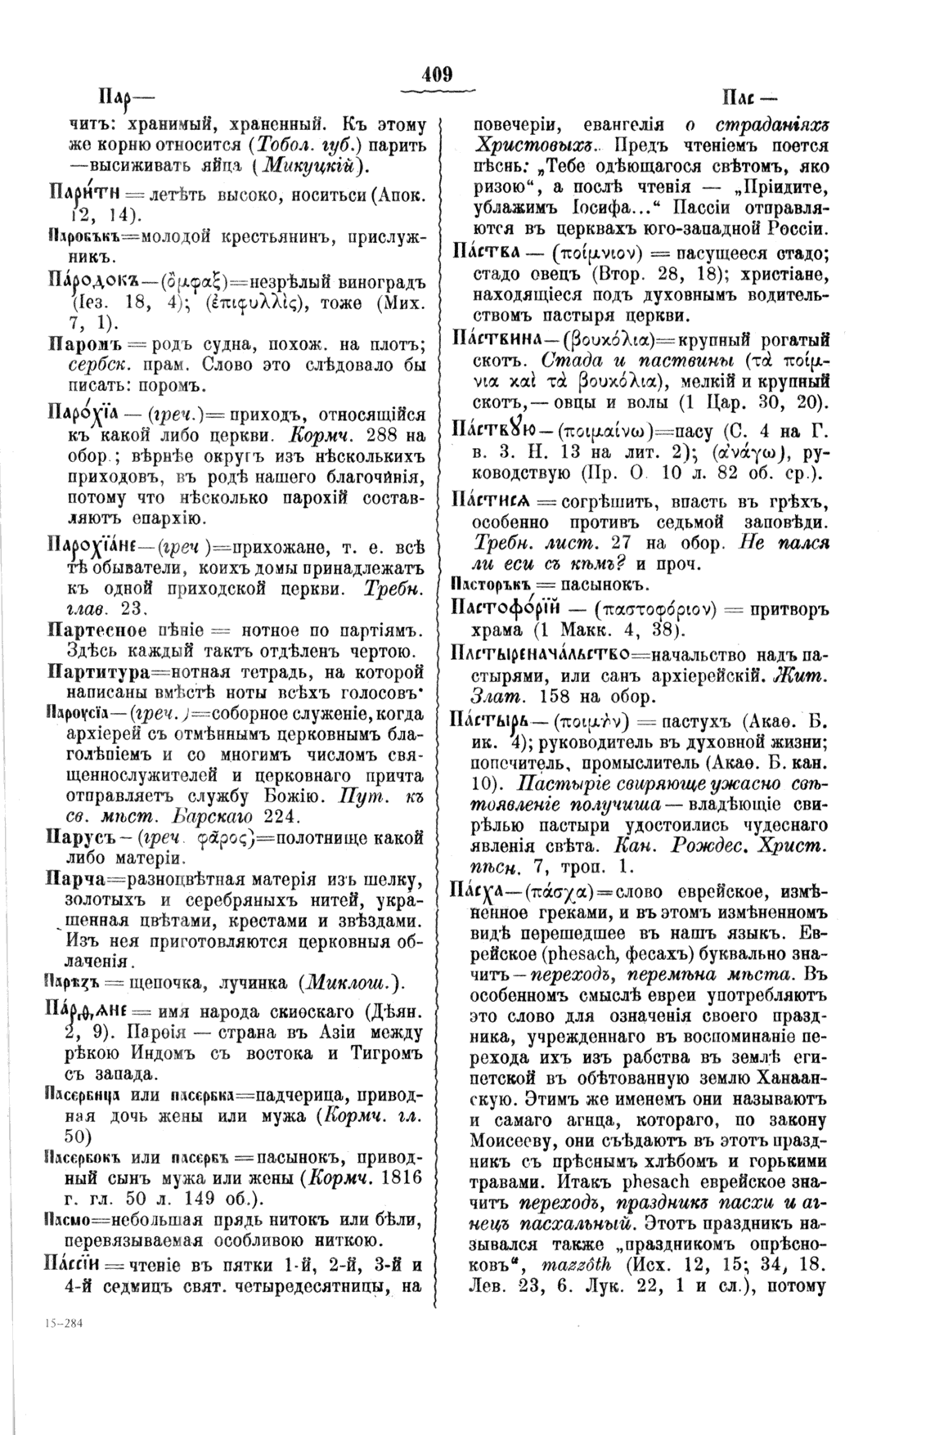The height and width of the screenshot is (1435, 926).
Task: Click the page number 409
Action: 437,74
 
